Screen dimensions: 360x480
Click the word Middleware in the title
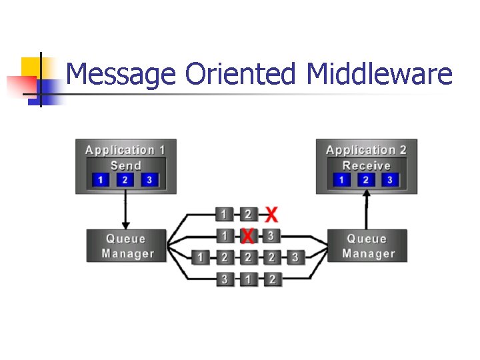pyautogui.click(x=379, y=75)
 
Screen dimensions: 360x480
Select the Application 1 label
pyautogui.click(x=125, y=150)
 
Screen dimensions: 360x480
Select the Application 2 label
pyautogui.click(x=366, y=150)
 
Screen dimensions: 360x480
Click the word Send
pyautogui.click(x=125, y=165)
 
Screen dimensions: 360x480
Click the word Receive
pyautogui.click(x=366, y=165)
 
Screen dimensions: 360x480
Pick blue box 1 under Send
pyautogui.click(x=101, y=180)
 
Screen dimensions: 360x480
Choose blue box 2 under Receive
pyautogui.click(x=365, y=180)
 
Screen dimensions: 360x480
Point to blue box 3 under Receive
pyautogui.click(x=389, y=180)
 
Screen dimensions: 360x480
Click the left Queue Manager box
pyautogui.click(x=127, y=246)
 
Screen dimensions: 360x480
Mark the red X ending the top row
pyautogui.click(x=271, y=215)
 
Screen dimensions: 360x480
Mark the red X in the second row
pyautogui.click(x=247, y=236)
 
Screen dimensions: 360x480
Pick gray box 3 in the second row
pyautogui.click(x=271, y=236)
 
